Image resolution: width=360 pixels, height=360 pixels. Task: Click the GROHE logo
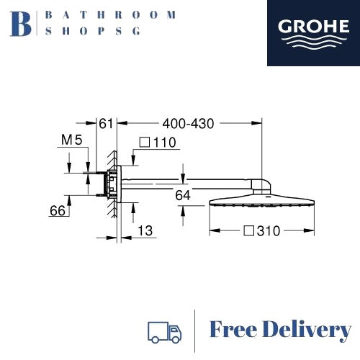click(313, 34)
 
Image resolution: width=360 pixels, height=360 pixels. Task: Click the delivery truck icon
click(164, 330)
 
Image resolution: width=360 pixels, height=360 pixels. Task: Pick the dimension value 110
click(165, 143)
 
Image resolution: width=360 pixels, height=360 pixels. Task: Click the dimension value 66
click(58, 210)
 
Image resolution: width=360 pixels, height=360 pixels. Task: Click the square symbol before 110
click(144, 143)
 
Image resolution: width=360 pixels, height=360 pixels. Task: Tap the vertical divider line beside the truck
click(195, 330)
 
